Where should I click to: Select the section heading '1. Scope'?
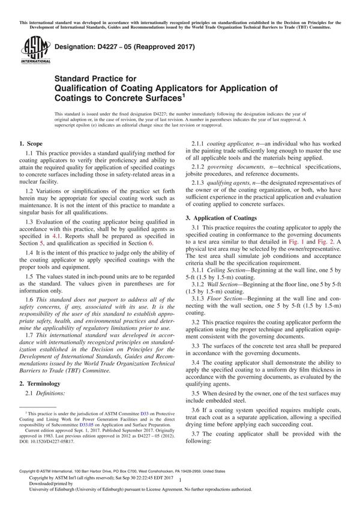(x=33, y=145)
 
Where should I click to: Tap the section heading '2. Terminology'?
(x=42, y=383)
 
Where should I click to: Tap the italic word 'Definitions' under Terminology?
(x=53, y=393)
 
